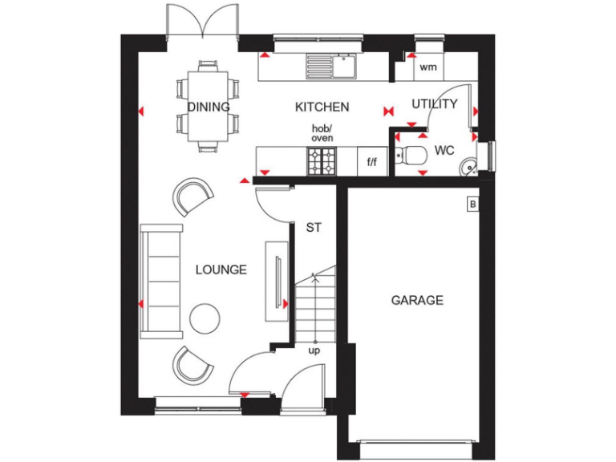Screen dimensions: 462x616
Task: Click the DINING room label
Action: coord(209,107)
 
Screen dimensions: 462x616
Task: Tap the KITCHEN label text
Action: coord(322,107)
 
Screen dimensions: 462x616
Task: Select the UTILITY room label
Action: coord(435,103)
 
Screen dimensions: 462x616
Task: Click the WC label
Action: coord(445,150)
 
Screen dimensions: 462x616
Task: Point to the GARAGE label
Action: coord(417,300)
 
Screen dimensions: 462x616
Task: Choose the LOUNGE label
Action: coord(221,269)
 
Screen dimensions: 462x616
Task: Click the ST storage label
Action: coord(314,228)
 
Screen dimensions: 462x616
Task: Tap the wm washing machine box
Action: coord(428,67)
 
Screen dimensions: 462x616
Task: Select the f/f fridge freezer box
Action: coord(372,162)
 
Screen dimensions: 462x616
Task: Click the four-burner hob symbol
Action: coord(322,161)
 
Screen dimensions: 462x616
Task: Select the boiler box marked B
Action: coord(472,205)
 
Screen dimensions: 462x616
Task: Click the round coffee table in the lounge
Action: coord(205,318)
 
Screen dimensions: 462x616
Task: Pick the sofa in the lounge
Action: coord(160,281)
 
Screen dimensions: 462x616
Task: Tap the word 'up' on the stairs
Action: coord(314,351)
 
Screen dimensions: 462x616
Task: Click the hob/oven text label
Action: coord(322,133)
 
